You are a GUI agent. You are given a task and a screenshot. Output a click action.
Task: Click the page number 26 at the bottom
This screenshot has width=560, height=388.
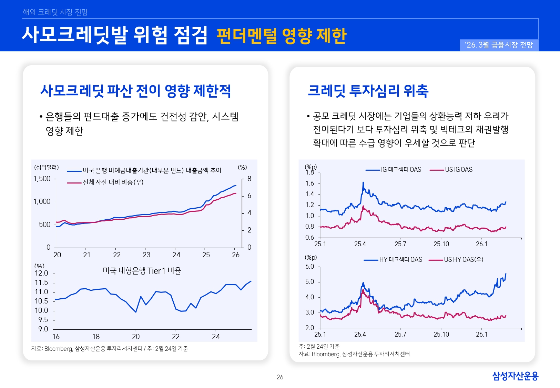(x=280, y=377)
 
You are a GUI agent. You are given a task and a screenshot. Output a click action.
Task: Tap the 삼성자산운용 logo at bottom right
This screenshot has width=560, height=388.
(x=515, y=376)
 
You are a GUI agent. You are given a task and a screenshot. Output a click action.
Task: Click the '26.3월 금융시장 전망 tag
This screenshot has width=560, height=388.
(x=499, y=45)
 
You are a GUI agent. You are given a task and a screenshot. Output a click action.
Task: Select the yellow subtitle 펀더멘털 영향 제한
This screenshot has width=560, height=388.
(x=281, y=36)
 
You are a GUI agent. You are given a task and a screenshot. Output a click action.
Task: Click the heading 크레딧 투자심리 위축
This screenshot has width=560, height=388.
(x=368, y=91)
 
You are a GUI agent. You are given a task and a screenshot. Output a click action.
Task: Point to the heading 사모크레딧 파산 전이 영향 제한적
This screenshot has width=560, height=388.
(x=135, y=91)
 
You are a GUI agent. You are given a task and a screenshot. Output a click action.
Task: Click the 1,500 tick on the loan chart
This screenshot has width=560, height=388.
(x=42, y=179)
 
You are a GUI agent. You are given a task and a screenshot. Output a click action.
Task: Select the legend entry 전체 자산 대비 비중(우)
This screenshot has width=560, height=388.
(x=113, y=182)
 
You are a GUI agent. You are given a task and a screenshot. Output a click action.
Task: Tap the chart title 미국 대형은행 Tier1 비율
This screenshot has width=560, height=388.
(x=142, y=271)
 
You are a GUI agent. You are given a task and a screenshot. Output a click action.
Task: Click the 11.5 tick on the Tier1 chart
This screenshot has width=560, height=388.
(x=41, y=282)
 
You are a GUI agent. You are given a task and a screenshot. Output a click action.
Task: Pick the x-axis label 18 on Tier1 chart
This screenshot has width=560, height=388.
(x=96, y=336)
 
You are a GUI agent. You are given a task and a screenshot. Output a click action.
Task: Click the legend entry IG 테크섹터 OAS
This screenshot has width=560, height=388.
(x=401, y=169)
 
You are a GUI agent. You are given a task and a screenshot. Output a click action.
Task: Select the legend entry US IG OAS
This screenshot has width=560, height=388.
(x=458, y=169)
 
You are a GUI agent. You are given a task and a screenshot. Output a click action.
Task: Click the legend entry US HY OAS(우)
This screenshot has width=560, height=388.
(x=463, y=259)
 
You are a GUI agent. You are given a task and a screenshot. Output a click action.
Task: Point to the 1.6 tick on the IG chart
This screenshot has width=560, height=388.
(x=309, y=183)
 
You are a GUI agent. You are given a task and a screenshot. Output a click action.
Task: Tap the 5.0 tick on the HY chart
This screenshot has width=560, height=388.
(x=309, y=282)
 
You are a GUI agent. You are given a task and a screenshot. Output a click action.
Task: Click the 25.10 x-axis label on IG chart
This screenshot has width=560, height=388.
(x=441, y=244)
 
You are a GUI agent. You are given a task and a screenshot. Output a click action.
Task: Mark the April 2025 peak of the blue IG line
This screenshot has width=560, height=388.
(x=363, y=182)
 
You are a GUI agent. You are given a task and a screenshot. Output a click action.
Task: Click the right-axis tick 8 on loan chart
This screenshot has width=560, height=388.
(x=249, y=179)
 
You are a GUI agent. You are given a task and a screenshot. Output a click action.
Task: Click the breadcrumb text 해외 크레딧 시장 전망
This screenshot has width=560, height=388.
(x=55, y=12)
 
